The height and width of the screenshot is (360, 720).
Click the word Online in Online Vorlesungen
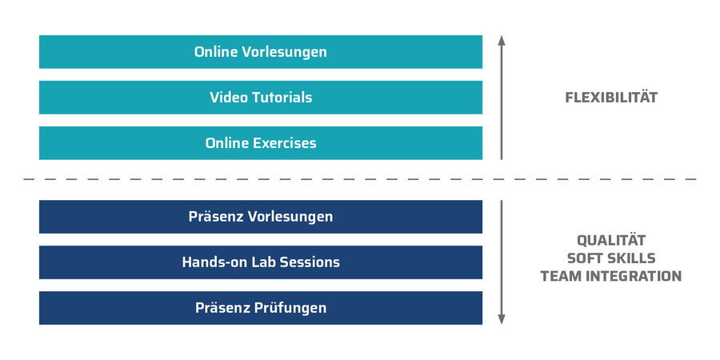[217, 52]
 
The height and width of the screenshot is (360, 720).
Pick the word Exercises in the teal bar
[285, 143]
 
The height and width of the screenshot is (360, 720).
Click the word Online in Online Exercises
[227, 143]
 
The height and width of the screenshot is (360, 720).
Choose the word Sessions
[309, 262]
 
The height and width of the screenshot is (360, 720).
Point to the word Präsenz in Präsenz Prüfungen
[220, 308]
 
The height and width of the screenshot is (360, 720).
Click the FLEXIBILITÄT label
[610, 98]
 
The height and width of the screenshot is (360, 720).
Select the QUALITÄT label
[610, 240]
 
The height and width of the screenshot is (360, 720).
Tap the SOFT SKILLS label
[610, 258]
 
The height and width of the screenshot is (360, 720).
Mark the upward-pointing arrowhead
[502, 40]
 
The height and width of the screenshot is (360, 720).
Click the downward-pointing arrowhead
[502, 319]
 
